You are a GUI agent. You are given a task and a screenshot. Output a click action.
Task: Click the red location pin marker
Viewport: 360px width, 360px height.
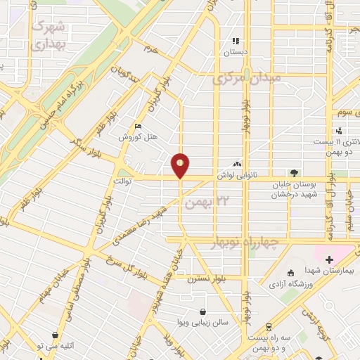point(181,165)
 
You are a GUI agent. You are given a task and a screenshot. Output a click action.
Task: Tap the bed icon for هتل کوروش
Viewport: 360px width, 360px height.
point(139,127)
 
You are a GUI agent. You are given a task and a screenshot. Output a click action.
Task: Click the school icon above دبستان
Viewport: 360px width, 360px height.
point(236,41)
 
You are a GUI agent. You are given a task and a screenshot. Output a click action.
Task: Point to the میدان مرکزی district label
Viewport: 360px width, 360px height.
point(246,77)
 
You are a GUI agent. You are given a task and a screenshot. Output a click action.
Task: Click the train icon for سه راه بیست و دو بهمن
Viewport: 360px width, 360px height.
point(268,326)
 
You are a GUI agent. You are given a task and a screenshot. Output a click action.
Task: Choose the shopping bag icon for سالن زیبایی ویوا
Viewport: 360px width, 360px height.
point(203,311)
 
